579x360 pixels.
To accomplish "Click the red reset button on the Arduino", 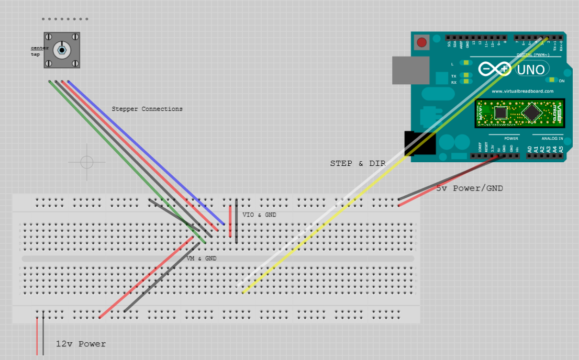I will click(x=420, y=42).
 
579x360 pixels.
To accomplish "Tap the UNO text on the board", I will click(x=531, y=69).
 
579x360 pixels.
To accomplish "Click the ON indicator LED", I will click(x=551, y=80).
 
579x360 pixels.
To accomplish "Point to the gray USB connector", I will click(x=410, y=70).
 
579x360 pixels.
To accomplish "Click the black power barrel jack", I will click(x=419, y=142).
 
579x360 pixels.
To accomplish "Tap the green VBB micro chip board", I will click(x=520, y=113).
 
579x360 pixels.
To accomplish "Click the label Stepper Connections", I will click(x=147, y=109).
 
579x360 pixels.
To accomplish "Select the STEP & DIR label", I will click(x=358, y=163).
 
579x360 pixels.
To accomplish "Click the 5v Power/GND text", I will click(x=470, y=188).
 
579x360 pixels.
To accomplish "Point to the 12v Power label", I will click(x=81, y=344).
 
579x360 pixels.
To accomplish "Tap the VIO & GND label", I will click(x=259, y=215).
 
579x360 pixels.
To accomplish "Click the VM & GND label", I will click(x=202, y=258).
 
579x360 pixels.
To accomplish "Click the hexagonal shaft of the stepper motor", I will click(x=62, y=50).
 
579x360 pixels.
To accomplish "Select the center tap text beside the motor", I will click(x=39, y=51).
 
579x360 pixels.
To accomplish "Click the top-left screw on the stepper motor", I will click(x=49, y=37).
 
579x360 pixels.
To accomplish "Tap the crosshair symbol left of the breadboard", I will click(x=87, y=162).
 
